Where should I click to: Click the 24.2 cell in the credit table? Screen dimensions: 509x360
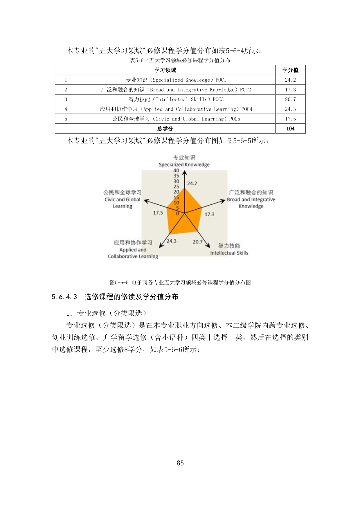tap(290, 80)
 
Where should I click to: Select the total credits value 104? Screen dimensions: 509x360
tap(290, 129)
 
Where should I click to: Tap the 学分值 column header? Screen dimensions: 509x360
tap(290, 70)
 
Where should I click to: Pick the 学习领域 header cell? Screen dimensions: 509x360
tap(165, 70)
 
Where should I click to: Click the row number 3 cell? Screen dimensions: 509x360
tap(66, 99)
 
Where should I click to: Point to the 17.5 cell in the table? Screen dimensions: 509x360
tap(290, 119)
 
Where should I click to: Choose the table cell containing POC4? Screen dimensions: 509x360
tap(176, 109)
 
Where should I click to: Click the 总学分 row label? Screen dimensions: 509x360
tap(165, 129)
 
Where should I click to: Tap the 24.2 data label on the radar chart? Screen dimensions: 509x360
tap(192, 184)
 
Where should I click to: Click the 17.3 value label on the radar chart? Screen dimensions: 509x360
tap(209, 214)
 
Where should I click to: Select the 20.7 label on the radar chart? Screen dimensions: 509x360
tap(197, 242)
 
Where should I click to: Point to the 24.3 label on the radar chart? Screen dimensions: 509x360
tap(171, 241)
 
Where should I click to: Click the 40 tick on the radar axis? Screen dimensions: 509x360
tap(176, 170)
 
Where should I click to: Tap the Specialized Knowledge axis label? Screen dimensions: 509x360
tap(184, 165)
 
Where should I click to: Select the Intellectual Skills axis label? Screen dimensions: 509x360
tap(229, 253)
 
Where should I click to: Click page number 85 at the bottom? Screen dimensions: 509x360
tap(180, 463)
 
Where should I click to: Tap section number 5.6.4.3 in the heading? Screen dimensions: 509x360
tap(64, 297)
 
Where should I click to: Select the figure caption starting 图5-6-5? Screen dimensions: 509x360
tap(180, 283)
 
